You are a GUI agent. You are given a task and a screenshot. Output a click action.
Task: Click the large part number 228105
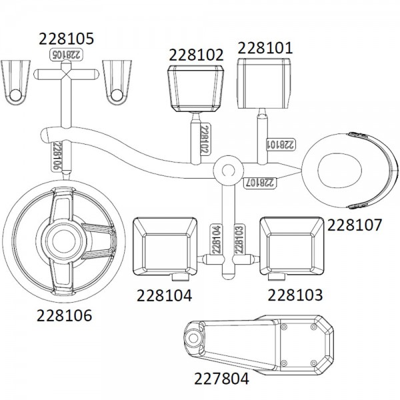(66, 39)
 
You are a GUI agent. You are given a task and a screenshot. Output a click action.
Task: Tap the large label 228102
(196, 55)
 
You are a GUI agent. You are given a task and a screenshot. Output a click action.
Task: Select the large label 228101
(265, 48)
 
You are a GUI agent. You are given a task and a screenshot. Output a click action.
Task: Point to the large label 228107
(355, 225)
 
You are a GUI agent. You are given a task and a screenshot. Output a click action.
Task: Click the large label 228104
(164, 295)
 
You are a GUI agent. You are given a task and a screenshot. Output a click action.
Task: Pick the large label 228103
(295, 295)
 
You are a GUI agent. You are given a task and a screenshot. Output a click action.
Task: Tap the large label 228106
(64, 315)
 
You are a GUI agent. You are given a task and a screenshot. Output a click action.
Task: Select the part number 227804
(221, 379)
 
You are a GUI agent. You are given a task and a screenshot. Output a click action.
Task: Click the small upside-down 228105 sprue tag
(66, 55)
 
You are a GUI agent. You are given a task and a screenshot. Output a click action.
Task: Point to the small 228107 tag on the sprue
(259, 183)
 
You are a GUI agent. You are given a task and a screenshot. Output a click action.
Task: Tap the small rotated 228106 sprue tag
(57, 155)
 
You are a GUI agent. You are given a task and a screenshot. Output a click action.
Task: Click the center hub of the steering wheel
(64, 241)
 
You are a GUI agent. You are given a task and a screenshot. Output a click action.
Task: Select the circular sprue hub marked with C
(228, 170)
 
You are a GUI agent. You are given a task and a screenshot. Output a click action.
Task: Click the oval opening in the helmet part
(340, 171)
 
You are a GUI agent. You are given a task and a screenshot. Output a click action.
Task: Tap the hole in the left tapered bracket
(15, 95)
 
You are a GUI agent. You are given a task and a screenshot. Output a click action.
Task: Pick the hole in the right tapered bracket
(117, 95)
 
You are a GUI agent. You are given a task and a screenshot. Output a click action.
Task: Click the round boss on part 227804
(193, 338)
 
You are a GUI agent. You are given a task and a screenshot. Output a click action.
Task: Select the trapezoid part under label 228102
(196, 89)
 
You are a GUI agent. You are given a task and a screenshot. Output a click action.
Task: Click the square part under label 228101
(263, 83)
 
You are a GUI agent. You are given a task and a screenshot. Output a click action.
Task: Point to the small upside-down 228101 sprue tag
(281, 145)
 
